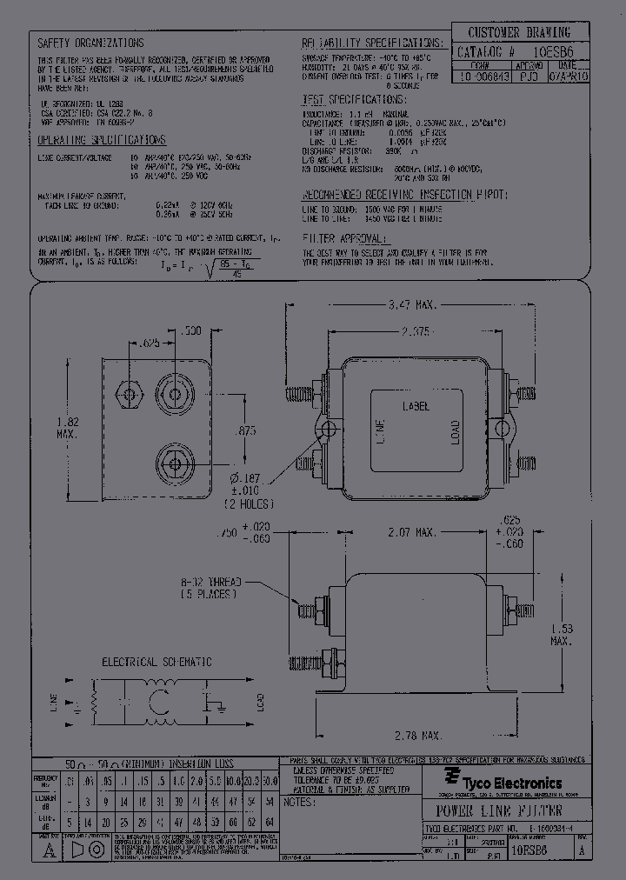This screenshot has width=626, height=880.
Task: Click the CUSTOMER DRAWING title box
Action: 518,33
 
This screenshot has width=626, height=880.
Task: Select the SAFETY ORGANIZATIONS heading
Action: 91,43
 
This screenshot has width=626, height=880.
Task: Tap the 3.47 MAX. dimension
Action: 410,305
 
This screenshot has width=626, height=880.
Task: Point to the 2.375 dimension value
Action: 408,332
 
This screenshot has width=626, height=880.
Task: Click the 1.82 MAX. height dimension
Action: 68,426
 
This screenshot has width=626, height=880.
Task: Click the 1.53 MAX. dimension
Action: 561,634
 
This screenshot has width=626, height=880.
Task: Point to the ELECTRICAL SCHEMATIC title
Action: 157,662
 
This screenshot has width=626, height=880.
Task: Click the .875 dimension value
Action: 247,430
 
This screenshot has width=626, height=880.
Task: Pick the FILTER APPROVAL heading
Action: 343,237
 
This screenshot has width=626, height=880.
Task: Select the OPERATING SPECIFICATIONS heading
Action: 102,139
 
